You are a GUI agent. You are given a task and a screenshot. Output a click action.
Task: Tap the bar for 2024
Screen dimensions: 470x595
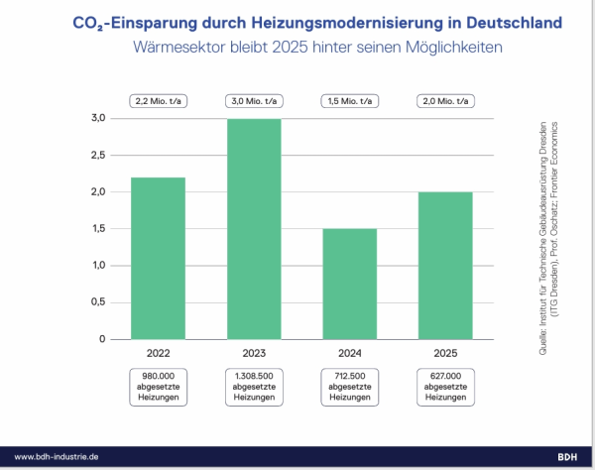pos(348,284)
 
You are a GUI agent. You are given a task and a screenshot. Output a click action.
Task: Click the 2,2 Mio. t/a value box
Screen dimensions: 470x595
pos(158,100)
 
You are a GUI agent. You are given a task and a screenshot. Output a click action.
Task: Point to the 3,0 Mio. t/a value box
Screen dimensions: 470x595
pos(252,100)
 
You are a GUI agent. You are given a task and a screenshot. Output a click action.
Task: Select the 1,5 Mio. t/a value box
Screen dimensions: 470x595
pos(348,100)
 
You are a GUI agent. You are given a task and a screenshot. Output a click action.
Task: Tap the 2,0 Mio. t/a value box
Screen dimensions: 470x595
pos(443,100)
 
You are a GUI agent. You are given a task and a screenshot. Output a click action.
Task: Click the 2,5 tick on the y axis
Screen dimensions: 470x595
pos(97,155)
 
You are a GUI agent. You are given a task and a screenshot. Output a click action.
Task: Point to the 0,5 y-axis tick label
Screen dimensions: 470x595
pos(97,302)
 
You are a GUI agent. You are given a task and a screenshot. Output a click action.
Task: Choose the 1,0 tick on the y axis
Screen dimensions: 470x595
pos(97,266)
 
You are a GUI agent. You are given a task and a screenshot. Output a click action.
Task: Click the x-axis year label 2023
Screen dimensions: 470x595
pos(252,352)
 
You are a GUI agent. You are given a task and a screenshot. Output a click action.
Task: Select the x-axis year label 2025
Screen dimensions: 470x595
pos(443,352)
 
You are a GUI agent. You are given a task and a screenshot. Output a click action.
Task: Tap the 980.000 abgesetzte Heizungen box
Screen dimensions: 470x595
pos(158,386)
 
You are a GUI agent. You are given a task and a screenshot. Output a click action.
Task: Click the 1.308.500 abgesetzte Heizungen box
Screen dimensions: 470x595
pos(252,386)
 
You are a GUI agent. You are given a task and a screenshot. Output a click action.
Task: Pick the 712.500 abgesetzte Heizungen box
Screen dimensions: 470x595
pos(348,386)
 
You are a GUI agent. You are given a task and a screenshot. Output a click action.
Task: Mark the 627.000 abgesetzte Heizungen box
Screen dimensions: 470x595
pos(443,386)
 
